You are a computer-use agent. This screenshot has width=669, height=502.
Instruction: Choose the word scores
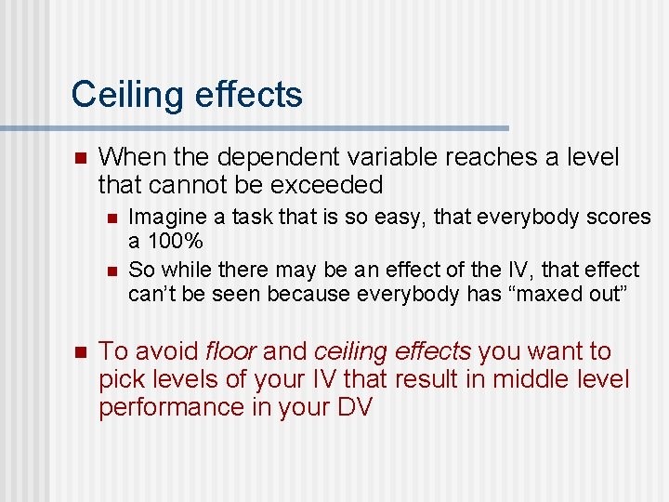pyautogui.click(x=620, y=217)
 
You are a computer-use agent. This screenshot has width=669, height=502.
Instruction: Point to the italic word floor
pyautogui.click(x=232, y=351)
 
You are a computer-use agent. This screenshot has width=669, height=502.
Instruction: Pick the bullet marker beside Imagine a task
pyautogui.click(x=110, y=218)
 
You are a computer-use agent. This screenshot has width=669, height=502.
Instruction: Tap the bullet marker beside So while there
pyautogui.click(x=110, y=271)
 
